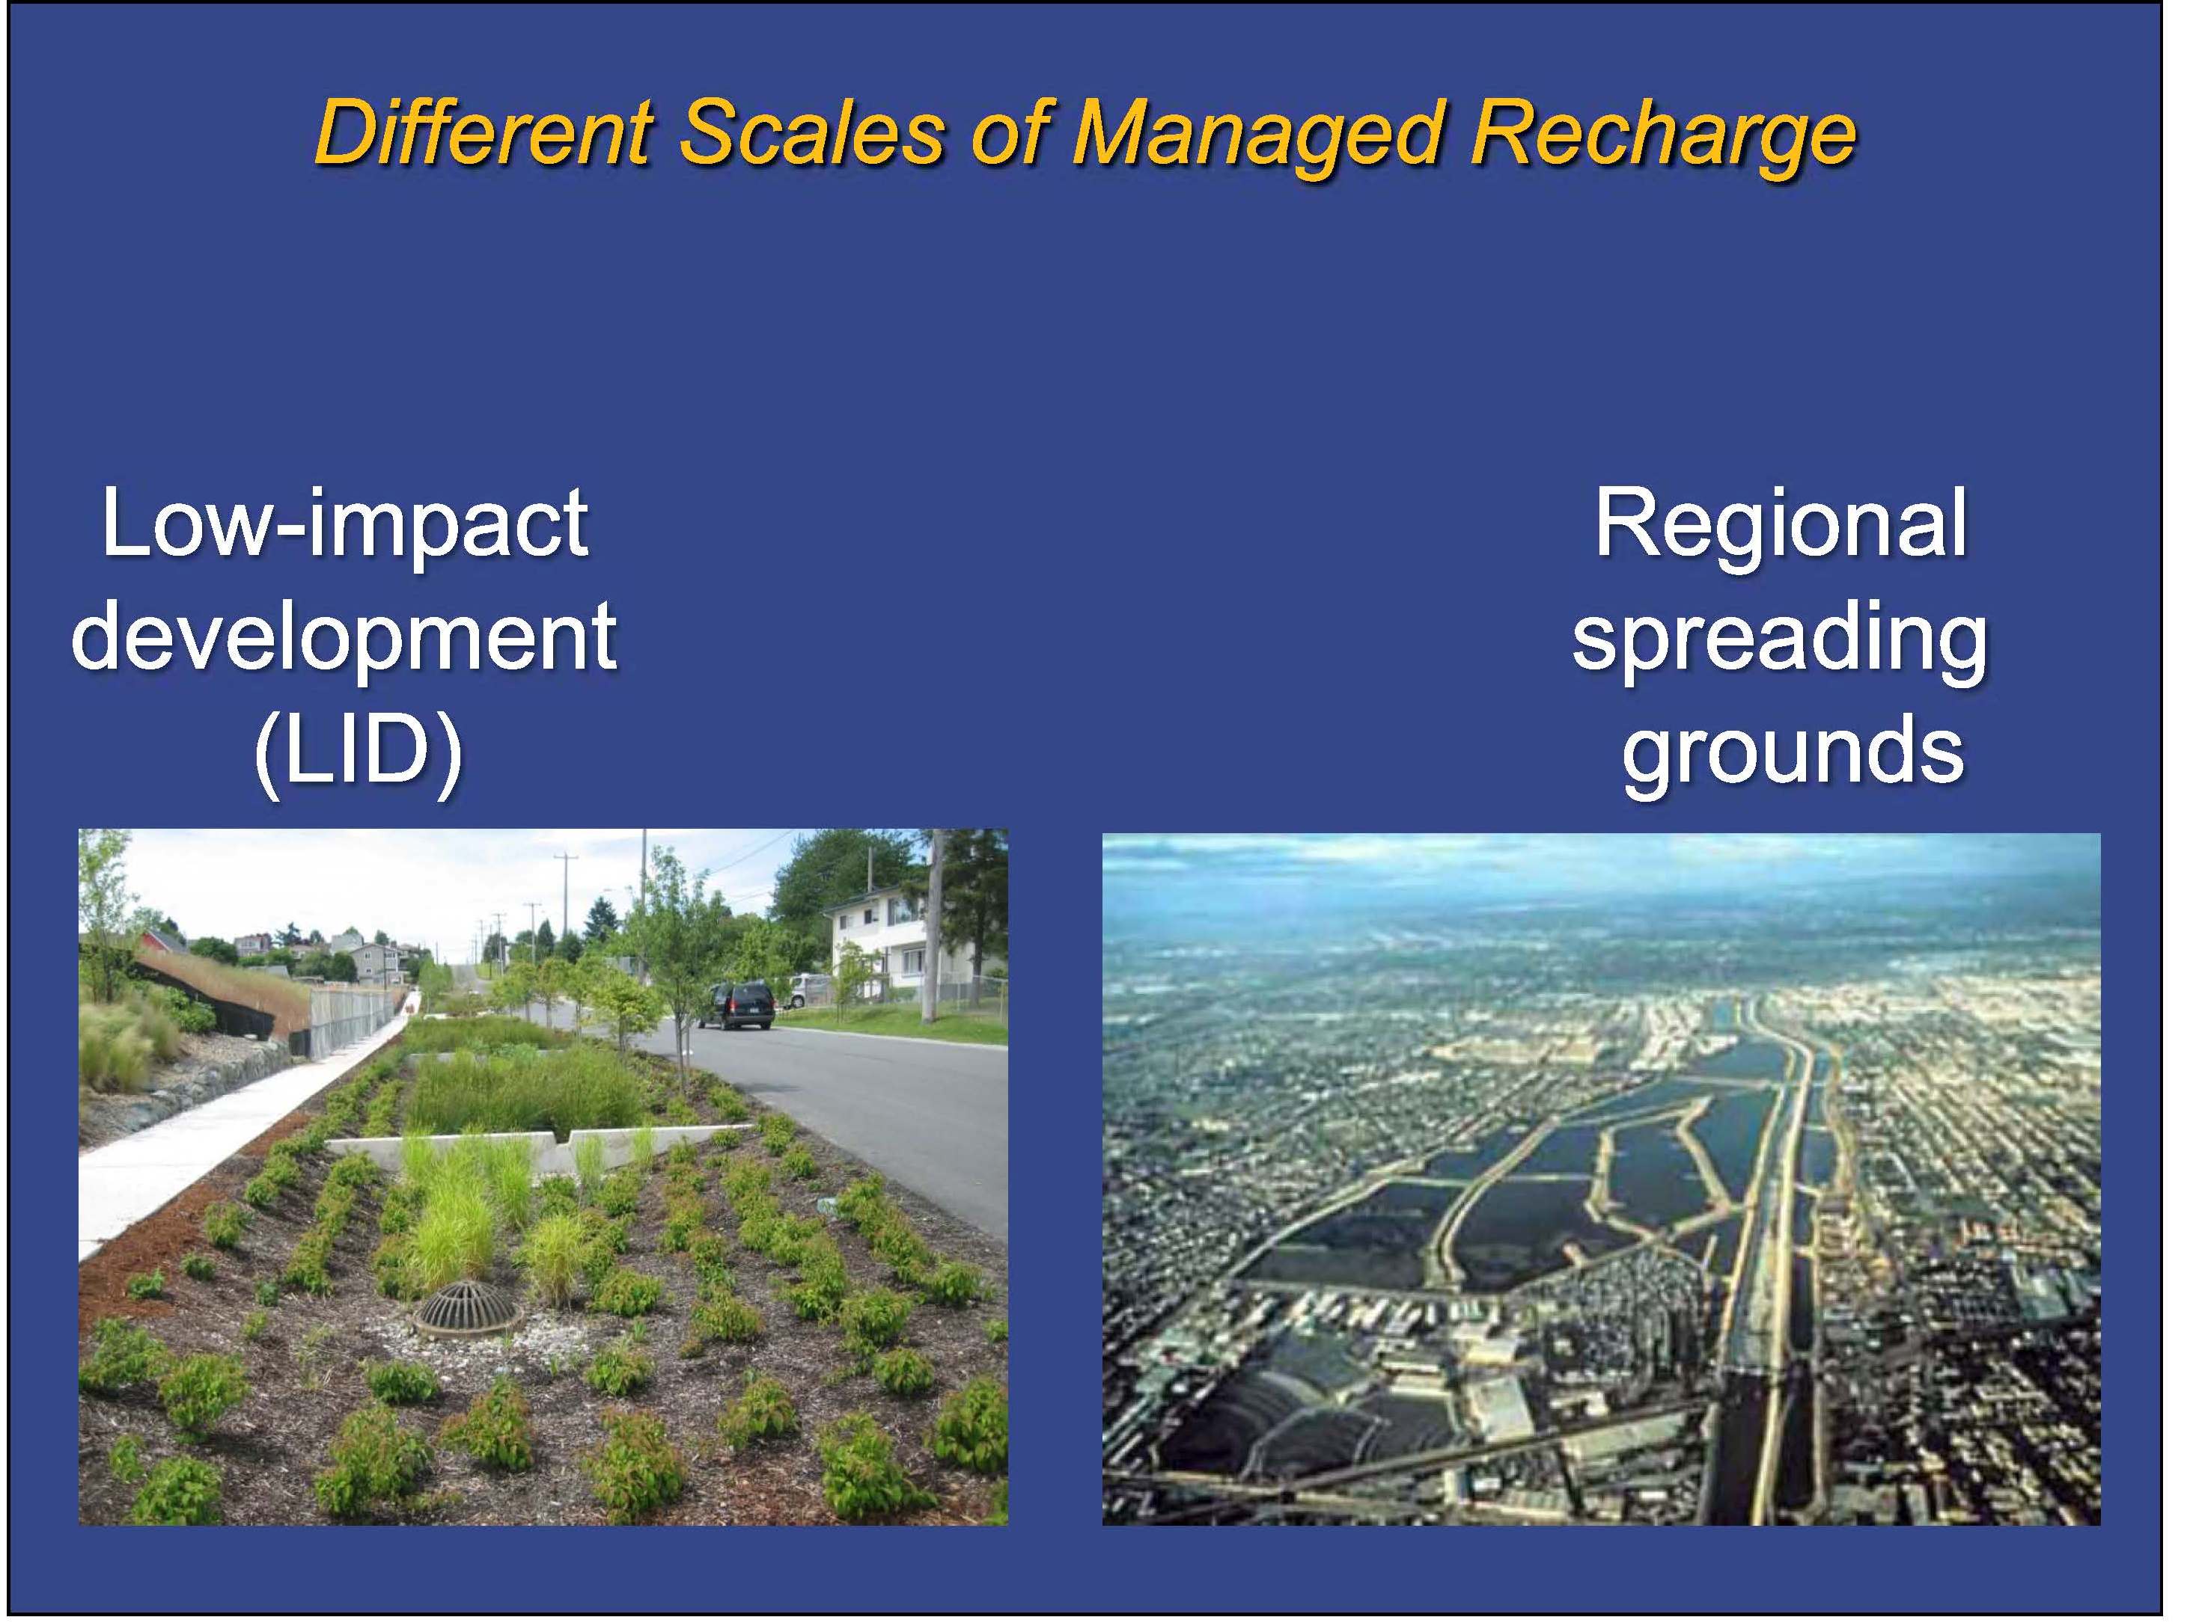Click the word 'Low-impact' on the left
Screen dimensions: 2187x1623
click(345, 524)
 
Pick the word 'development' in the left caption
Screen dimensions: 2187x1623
click(345, 639)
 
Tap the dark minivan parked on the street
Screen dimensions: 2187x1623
click(735, 1006)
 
